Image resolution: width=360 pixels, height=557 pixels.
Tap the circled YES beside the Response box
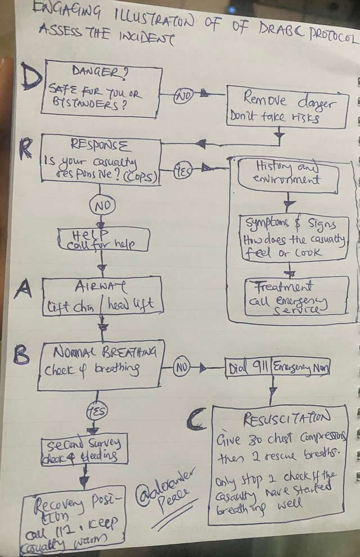(x=182, y=168)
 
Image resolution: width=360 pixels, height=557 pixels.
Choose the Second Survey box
(x=84, y=450)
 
